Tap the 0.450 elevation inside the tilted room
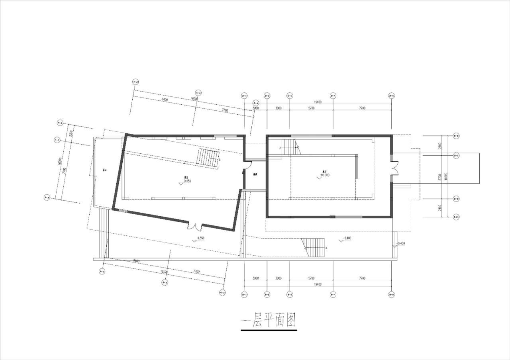pos(187,181)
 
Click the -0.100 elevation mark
pos(347,238)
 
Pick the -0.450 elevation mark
pos(400,243)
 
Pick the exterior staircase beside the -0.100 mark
pos(314,248)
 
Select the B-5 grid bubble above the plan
pos(392,96)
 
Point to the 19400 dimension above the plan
pos(318,102)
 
